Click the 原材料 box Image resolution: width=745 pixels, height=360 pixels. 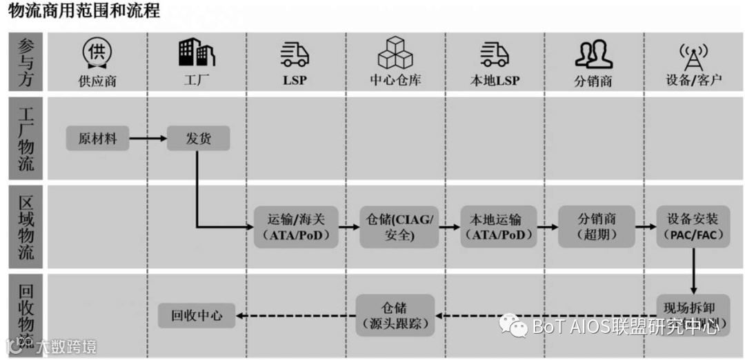point(97,139)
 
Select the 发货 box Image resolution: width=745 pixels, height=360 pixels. point(198,139)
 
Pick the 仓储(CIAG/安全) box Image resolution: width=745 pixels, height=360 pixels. point(398,227)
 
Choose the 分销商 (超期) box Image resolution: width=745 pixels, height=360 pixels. point(596,227)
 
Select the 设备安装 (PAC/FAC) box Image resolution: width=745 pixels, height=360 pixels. point(692,227)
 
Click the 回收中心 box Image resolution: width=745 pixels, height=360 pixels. point(197,316)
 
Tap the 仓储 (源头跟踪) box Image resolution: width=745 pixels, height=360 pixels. point(395,316)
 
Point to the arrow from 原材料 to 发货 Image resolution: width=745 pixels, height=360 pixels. point(148,139)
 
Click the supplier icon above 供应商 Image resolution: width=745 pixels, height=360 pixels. point(97,51)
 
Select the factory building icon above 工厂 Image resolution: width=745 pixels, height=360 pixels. point(197,51)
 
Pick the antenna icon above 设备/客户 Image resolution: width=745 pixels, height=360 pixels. point(693,54)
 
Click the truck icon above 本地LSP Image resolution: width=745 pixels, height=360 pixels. point(495,54)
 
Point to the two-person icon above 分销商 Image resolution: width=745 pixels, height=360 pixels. point(593,54)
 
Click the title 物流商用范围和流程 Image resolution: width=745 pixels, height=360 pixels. point(83,11)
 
